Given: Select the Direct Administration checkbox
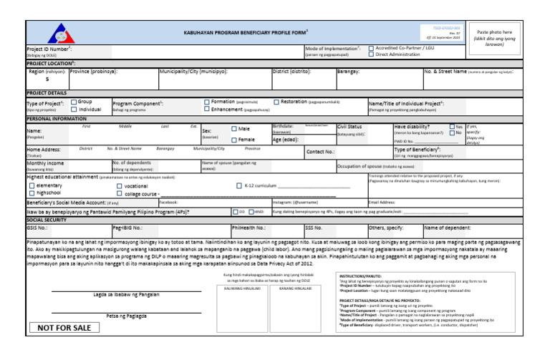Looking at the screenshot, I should pos(371,54).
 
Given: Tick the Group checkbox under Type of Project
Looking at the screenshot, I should pos(72,102).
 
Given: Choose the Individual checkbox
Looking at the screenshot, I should pos(72,110).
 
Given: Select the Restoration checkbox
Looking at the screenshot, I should pos(276,102).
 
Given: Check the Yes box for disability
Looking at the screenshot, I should pos(452,127).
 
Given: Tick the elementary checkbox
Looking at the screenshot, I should pos(32,185).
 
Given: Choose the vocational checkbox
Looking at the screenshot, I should pos(119,185).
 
